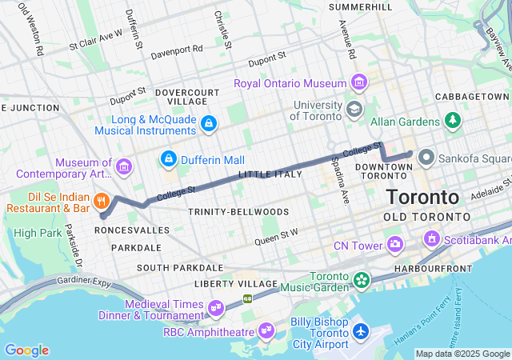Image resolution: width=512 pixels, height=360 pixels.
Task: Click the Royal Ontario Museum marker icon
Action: coord(358,83)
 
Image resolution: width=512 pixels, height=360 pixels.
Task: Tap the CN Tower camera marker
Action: coord(394,244)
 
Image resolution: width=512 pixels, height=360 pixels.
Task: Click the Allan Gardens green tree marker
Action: coord(454,121)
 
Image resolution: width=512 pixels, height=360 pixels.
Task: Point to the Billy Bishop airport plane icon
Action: coord(361,330)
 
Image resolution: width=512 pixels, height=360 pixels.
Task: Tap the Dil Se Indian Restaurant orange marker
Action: coord(102,200)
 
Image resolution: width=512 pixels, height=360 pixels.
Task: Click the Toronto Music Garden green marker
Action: coord(362,281)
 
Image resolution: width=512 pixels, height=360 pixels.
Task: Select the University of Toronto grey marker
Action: coord(354,108)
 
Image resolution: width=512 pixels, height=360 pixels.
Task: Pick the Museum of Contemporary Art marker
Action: coord(123,166)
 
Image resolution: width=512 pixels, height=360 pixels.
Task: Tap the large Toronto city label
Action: coord(422,197)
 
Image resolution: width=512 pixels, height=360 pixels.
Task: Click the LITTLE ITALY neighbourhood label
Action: coord(270,174)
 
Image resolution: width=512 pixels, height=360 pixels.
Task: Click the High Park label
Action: coord(37,233)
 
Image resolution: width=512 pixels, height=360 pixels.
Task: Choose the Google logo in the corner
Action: coord(26,350)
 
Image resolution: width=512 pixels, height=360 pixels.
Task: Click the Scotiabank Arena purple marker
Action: coord(432,238)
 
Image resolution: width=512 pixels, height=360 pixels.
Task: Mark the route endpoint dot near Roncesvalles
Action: coord(102,215)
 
